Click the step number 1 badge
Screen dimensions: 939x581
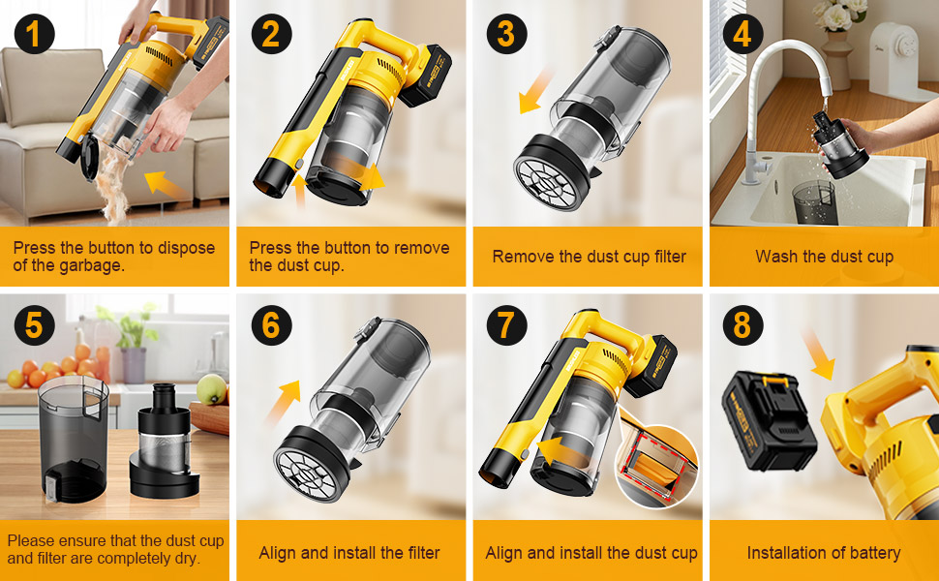coord(34,34)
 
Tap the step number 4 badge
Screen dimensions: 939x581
coord(742,34)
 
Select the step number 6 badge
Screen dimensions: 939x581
coord(271,325)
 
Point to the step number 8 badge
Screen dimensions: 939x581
coord(742,325)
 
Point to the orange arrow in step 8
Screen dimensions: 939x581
coord(818,353)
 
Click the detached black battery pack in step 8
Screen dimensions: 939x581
coord(769,422)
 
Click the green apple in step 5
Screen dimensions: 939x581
coord(211,388)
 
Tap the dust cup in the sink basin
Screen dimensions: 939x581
coord(814,201)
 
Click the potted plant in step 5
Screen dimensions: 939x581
coord(133,348)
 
